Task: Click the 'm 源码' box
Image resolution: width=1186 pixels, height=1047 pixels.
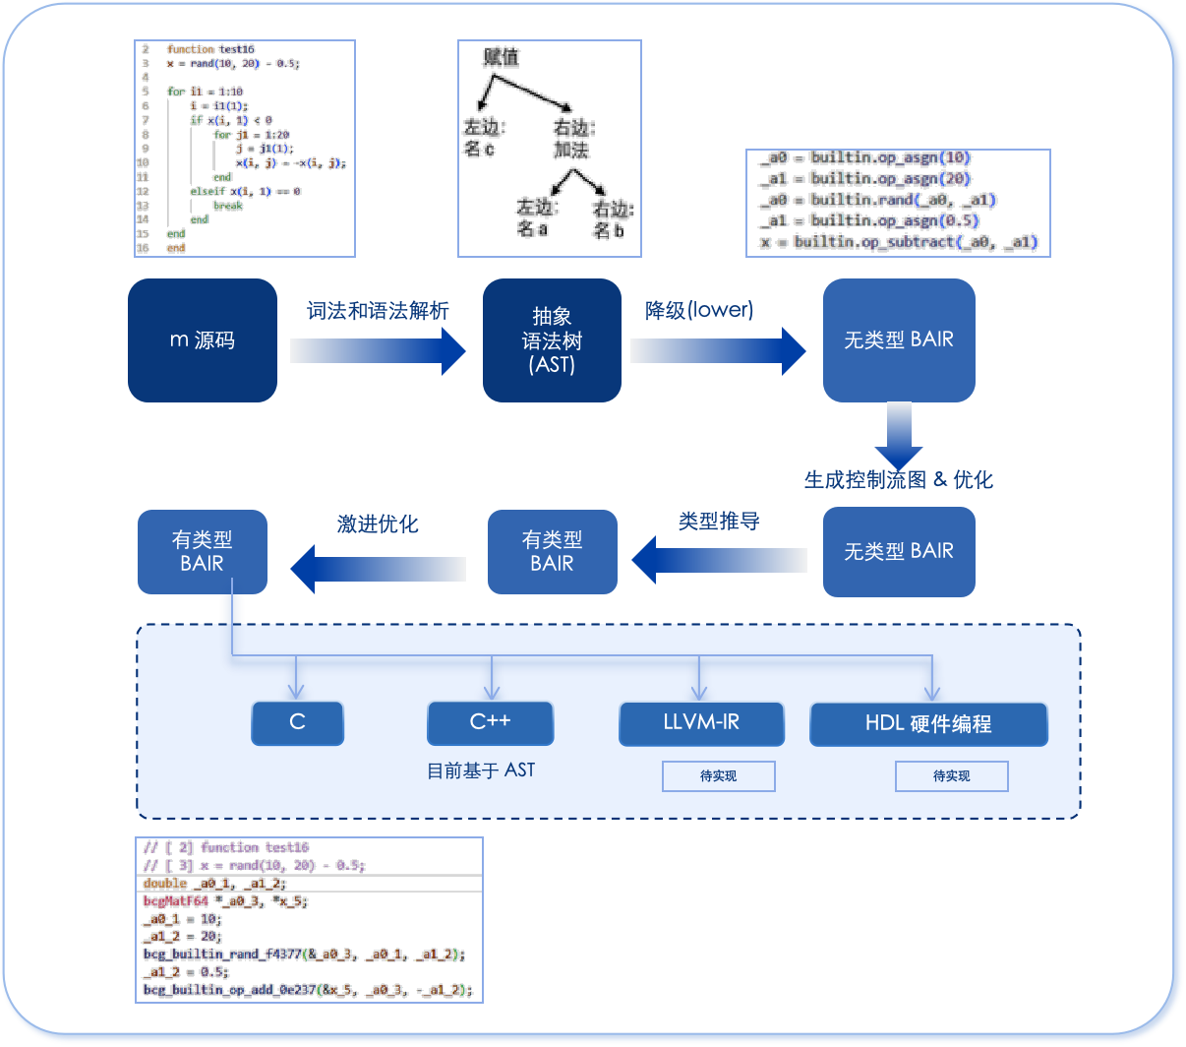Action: (x=203, y=340)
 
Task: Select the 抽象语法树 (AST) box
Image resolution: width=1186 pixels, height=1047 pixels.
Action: (x=552, y=340)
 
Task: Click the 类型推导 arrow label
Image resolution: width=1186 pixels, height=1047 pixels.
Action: (x=719, y=522)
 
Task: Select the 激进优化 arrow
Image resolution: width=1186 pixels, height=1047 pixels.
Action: (x=379, y=569)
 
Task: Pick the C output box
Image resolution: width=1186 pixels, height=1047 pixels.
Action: (x=298, y=722)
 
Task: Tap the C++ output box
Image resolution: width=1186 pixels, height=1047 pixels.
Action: (x=490, y=722)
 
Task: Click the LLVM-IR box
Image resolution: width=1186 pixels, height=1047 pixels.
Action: (x=701, y=722)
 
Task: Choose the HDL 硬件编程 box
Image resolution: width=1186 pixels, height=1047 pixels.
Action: (x=928, y=724)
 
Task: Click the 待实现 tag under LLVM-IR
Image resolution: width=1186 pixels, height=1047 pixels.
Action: (x=719, y=776)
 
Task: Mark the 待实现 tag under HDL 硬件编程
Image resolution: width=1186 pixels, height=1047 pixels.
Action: (x=952, y=776)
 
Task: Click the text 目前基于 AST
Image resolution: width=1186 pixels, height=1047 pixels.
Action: (x=481, y=770)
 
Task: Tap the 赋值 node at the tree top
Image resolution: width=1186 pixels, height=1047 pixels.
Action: (x=501, y=57)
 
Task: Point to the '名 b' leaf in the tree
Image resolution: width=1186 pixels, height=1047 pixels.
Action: (x=609, y=230)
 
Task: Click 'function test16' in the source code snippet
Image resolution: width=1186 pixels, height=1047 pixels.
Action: (x=210, y=49)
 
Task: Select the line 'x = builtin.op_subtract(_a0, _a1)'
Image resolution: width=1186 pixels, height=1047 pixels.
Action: (x=899, y=242)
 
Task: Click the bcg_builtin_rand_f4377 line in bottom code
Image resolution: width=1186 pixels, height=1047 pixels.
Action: (x=304, y=955)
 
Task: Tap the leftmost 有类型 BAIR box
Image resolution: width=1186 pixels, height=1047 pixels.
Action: (x=203, y=552)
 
